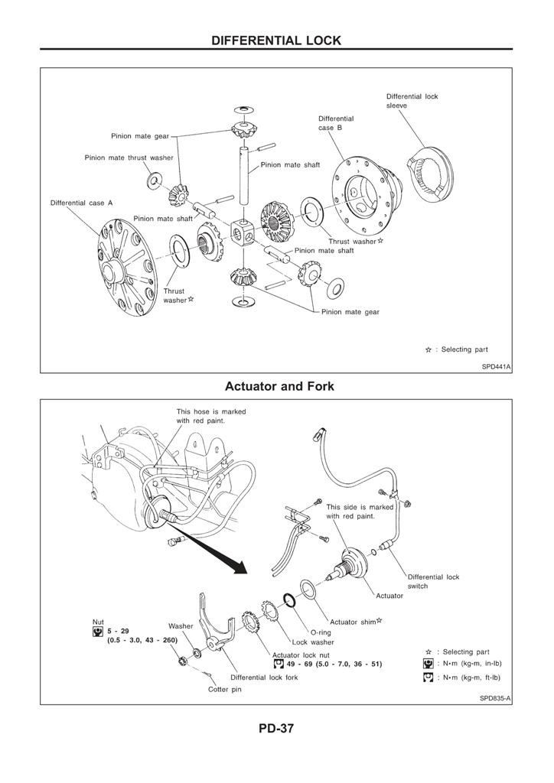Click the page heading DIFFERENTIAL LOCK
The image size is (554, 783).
276,41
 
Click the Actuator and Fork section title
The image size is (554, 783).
279,386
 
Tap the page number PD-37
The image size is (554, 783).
276,728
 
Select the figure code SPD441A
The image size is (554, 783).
496,366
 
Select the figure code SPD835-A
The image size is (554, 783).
495,698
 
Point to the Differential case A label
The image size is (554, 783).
81,203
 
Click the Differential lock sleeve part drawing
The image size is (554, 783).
430,177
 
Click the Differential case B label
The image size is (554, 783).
336,123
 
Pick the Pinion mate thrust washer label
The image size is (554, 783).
129,158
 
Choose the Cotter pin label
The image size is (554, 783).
225,689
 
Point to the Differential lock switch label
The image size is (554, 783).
433,581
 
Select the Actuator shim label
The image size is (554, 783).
356,622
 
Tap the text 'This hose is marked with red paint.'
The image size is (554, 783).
210,416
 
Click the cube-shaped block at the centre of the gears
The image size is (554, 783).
243,232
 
